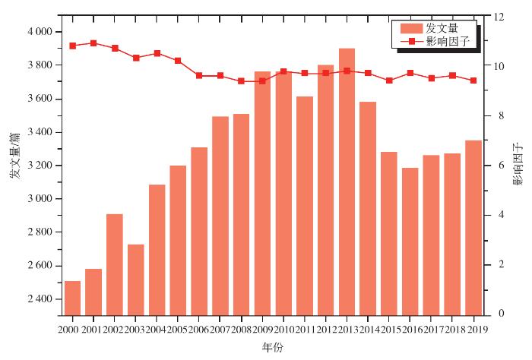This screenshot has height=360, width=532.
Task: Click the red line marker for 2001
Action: [93, 43]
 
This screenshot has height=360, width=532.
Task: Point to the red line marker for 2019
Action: [473, 81]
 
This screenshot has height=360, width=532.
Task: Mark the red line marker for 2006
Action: [199, 76]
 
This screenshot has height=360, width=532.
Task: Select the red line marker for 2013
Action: [347, 71]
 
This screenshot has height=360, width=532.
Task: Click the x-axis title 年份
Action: [272, 347]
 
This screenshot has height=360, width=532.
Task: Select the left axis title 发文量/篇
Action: [14, 156]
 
